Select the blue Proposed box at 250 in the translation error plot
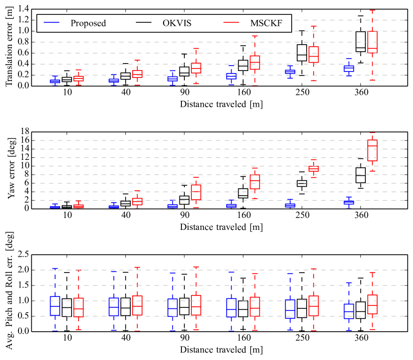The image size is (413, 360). tap(290, 72)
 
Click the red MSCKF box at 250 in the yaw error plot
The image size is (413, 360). tap(314, 169)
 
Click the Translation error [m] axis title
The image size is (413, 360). tap(9, 47)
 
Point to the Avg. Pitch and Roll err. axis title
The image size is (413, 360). tap(9, 292)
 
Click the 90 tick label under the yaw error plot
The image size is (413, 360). tap(184, 216)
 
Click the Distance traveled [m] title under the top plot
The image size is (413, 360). tap(222, 104)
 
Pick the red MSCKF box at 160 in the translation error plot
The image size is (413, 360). tap(255, 62)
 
